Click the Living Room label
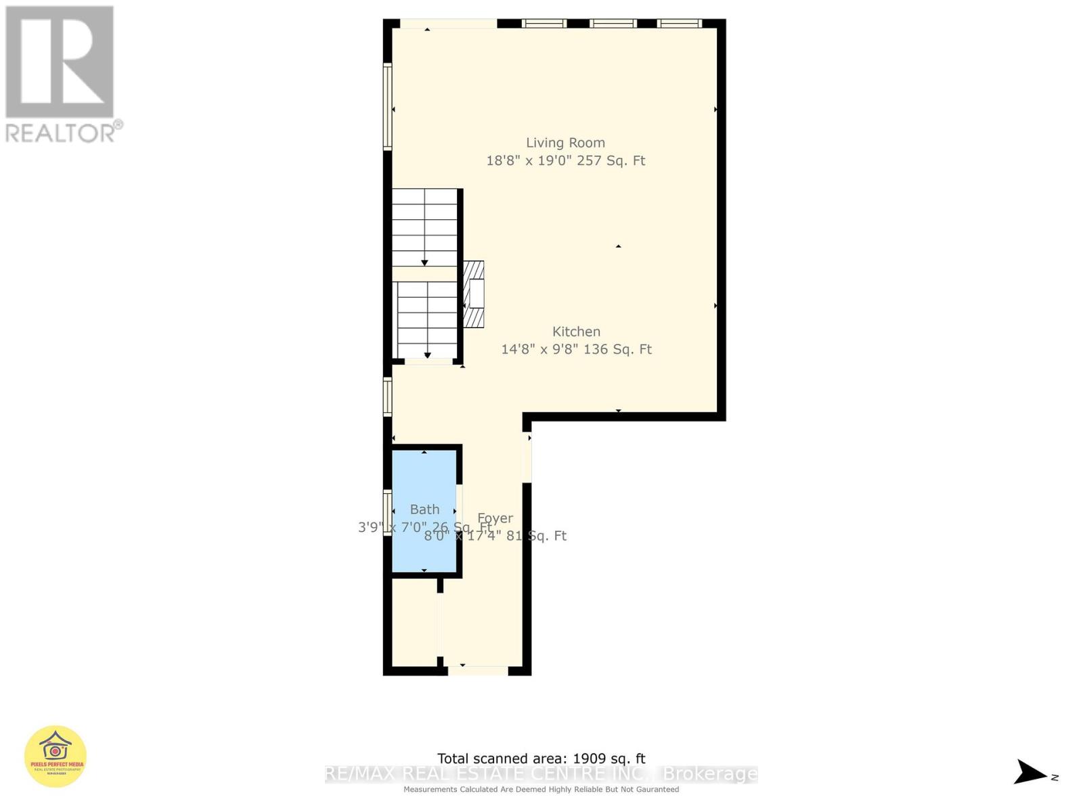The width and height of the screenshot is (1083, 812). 565,143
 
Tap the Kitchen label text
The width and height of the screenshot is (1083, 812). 576,332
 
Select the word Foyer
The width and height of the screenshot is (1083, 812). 495,518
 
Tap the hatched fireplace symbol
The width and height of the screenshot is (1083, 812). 474,294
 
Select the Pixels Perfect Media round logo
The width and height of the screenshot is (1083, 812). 56,757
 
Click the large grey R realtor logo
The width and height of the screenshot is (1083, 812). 60,62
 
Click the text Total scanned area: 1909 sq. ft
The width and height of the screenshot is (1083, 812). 541,759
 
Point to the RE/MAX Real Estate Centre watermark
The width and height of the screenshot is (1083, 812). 541,774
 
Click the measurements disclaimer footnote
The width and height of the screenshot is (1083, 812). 541,790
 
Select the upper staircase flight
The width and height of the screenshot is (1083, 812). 425,227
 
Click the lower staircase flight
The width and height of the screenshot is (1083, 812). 427,319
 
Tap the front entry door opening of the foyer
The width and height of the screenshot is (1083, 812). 478,671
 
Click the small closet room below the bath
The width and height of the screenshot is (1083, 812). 414,623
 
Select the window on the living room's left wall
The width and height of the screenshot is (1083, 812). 388,106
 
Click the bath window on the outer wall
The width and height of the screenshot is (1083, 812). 387,514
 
